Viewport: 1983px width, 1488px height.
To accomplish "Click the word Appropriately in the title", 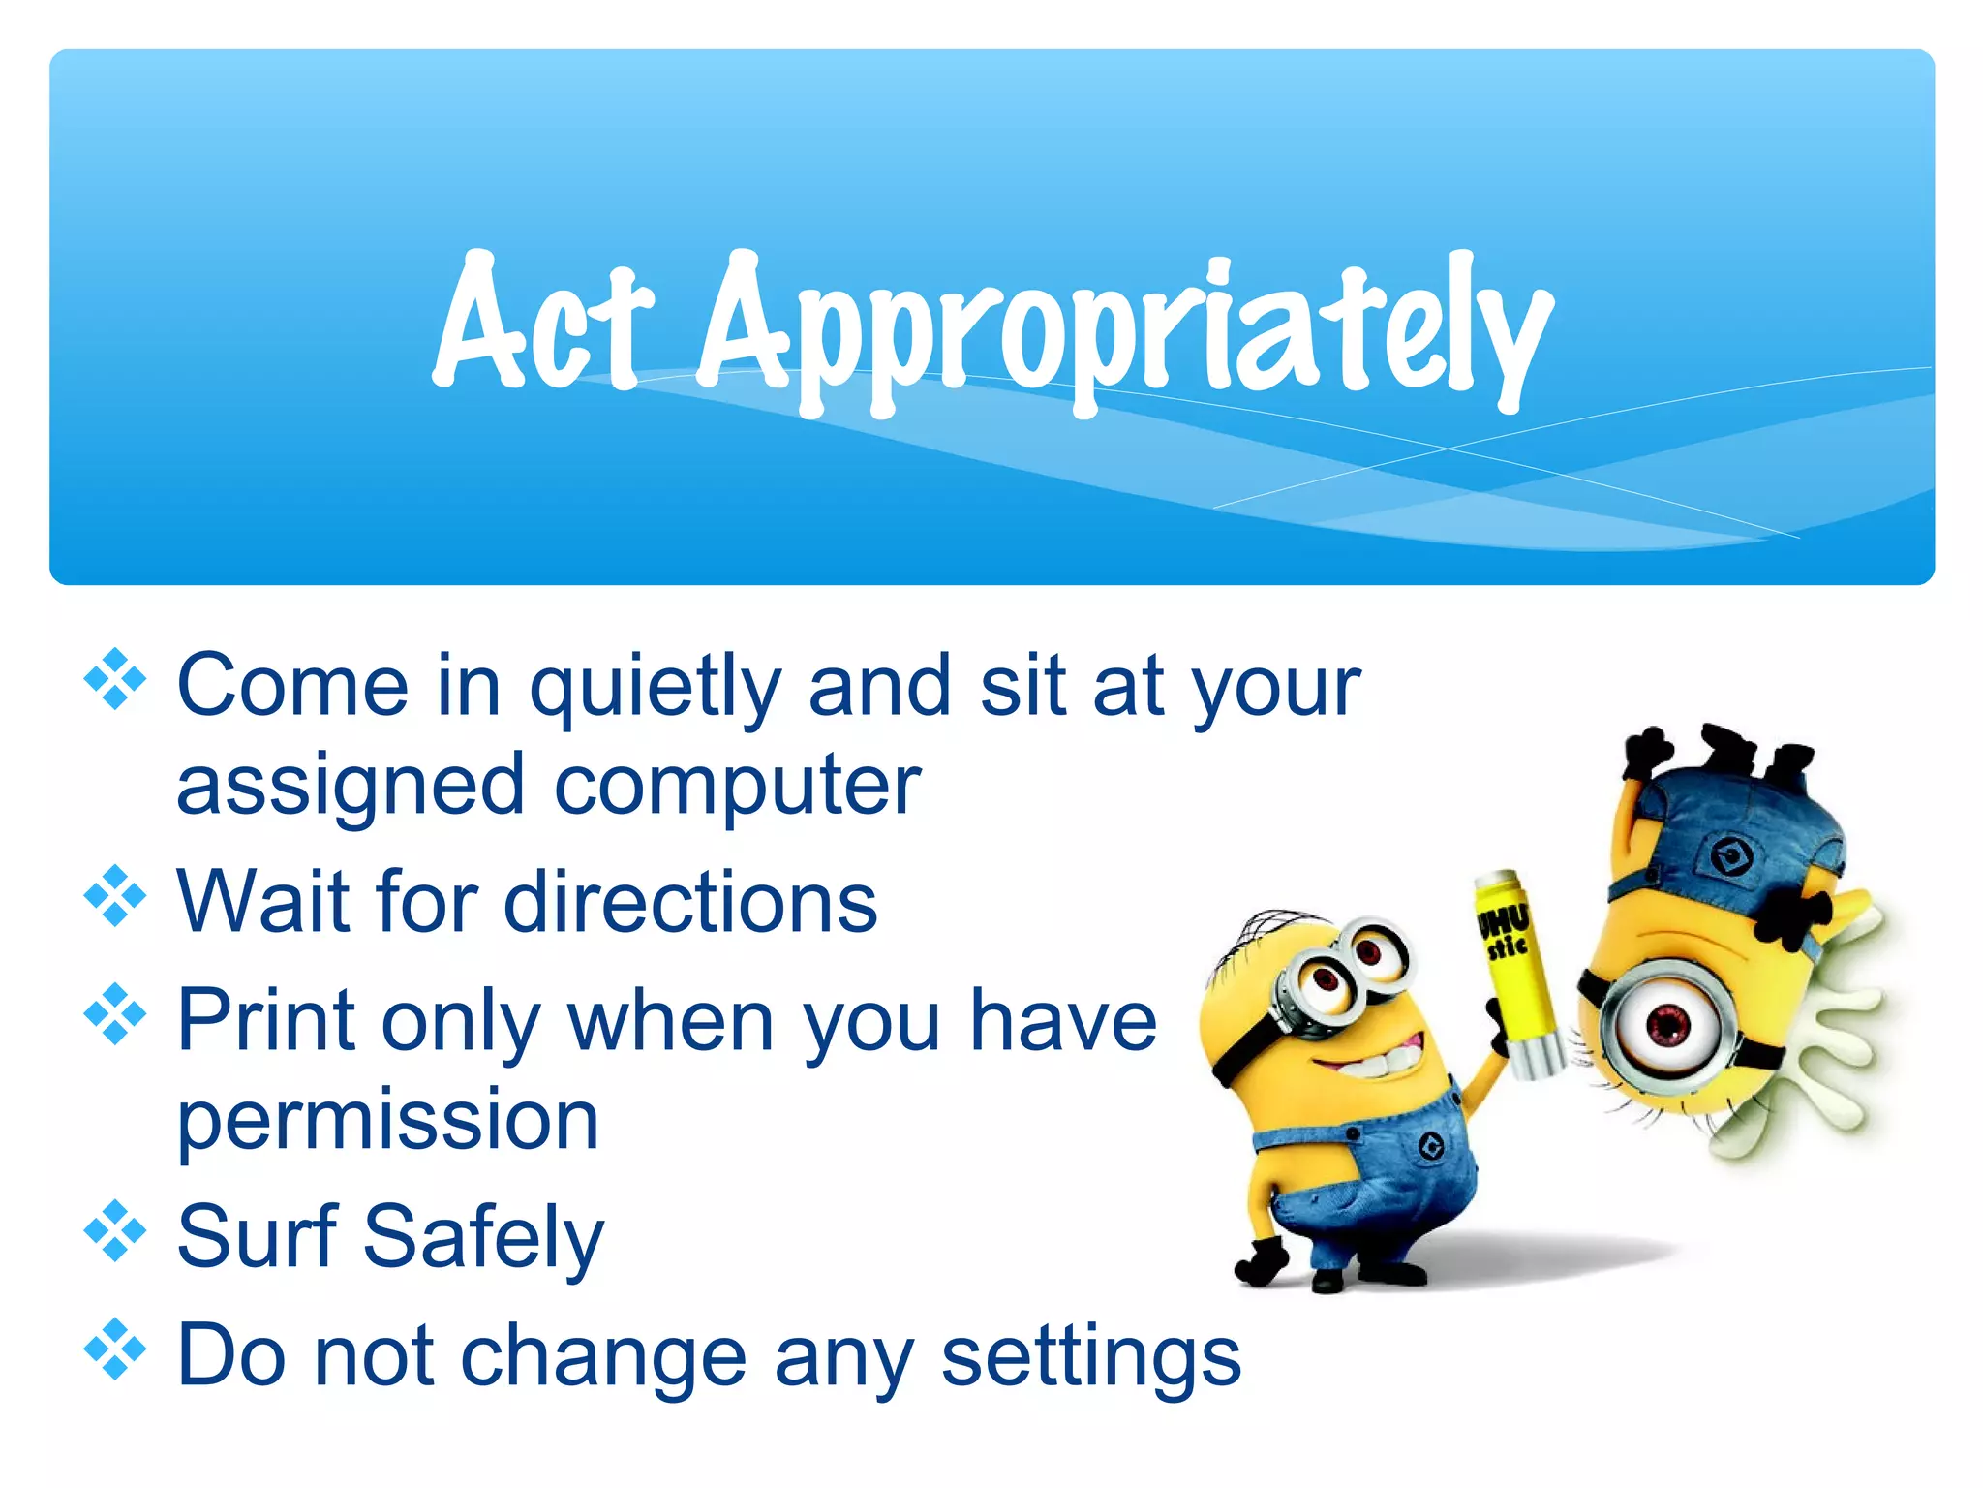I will click(1123, 329).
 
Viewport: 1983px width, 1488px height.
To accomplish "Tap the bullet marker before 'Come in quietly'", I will click(114, 679).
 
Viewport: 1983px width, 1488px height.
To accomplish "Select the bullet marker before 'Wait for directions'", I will click(114, 896).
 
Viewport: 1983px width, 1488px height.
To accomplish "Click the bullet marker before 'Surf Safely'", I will click(114, 1231).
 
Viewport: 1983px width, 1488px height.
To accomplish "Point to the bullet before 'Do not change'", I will click(114, 1349).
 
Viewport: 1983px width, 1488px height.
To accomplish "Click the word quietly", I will click(655, 688).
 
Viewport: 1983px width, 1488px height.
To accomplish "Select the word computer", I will click(737, 786).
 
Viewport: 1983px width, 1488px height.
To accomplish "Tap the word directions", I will click(690, 903).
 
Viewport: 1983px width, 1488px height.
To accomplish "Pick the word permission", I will click(387, 1121).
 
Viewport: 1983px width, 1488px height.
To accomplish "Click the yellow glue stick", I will click(1515, 959).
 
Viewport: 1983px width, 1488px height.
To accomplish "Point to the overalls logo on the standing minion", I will click(1431, 1148).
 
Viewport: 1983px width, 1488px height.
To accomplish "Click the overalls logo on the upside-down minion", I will click(1729, 855).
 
